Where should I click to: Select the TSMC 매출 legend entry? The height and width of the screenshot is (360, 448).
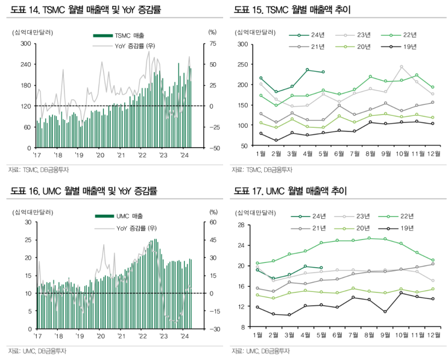(124, 36)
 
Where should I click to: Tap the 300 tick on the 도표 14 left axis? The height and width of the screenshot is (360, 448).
(26, 43)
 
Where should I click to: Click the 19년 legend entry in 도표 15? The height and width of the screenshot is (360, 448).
(403, 46)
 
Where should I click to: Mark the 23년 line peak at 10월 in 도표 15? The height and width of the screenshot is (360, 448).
(402, 67)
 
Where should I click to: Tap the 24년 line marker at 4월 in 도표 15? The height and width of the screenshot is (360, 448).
(308, 70)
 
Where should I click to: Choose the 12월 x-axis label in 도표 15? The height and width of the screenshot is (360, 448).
(433, 155)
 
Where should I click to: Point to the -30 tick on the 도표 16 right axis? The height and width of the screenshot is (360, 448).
(213, 329)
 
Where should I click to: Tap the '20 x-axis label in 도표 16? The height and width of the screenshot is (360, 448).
(99, 336)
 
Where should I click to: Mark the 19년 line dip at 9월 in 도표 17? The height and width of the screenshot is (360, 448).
(385, 312)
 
